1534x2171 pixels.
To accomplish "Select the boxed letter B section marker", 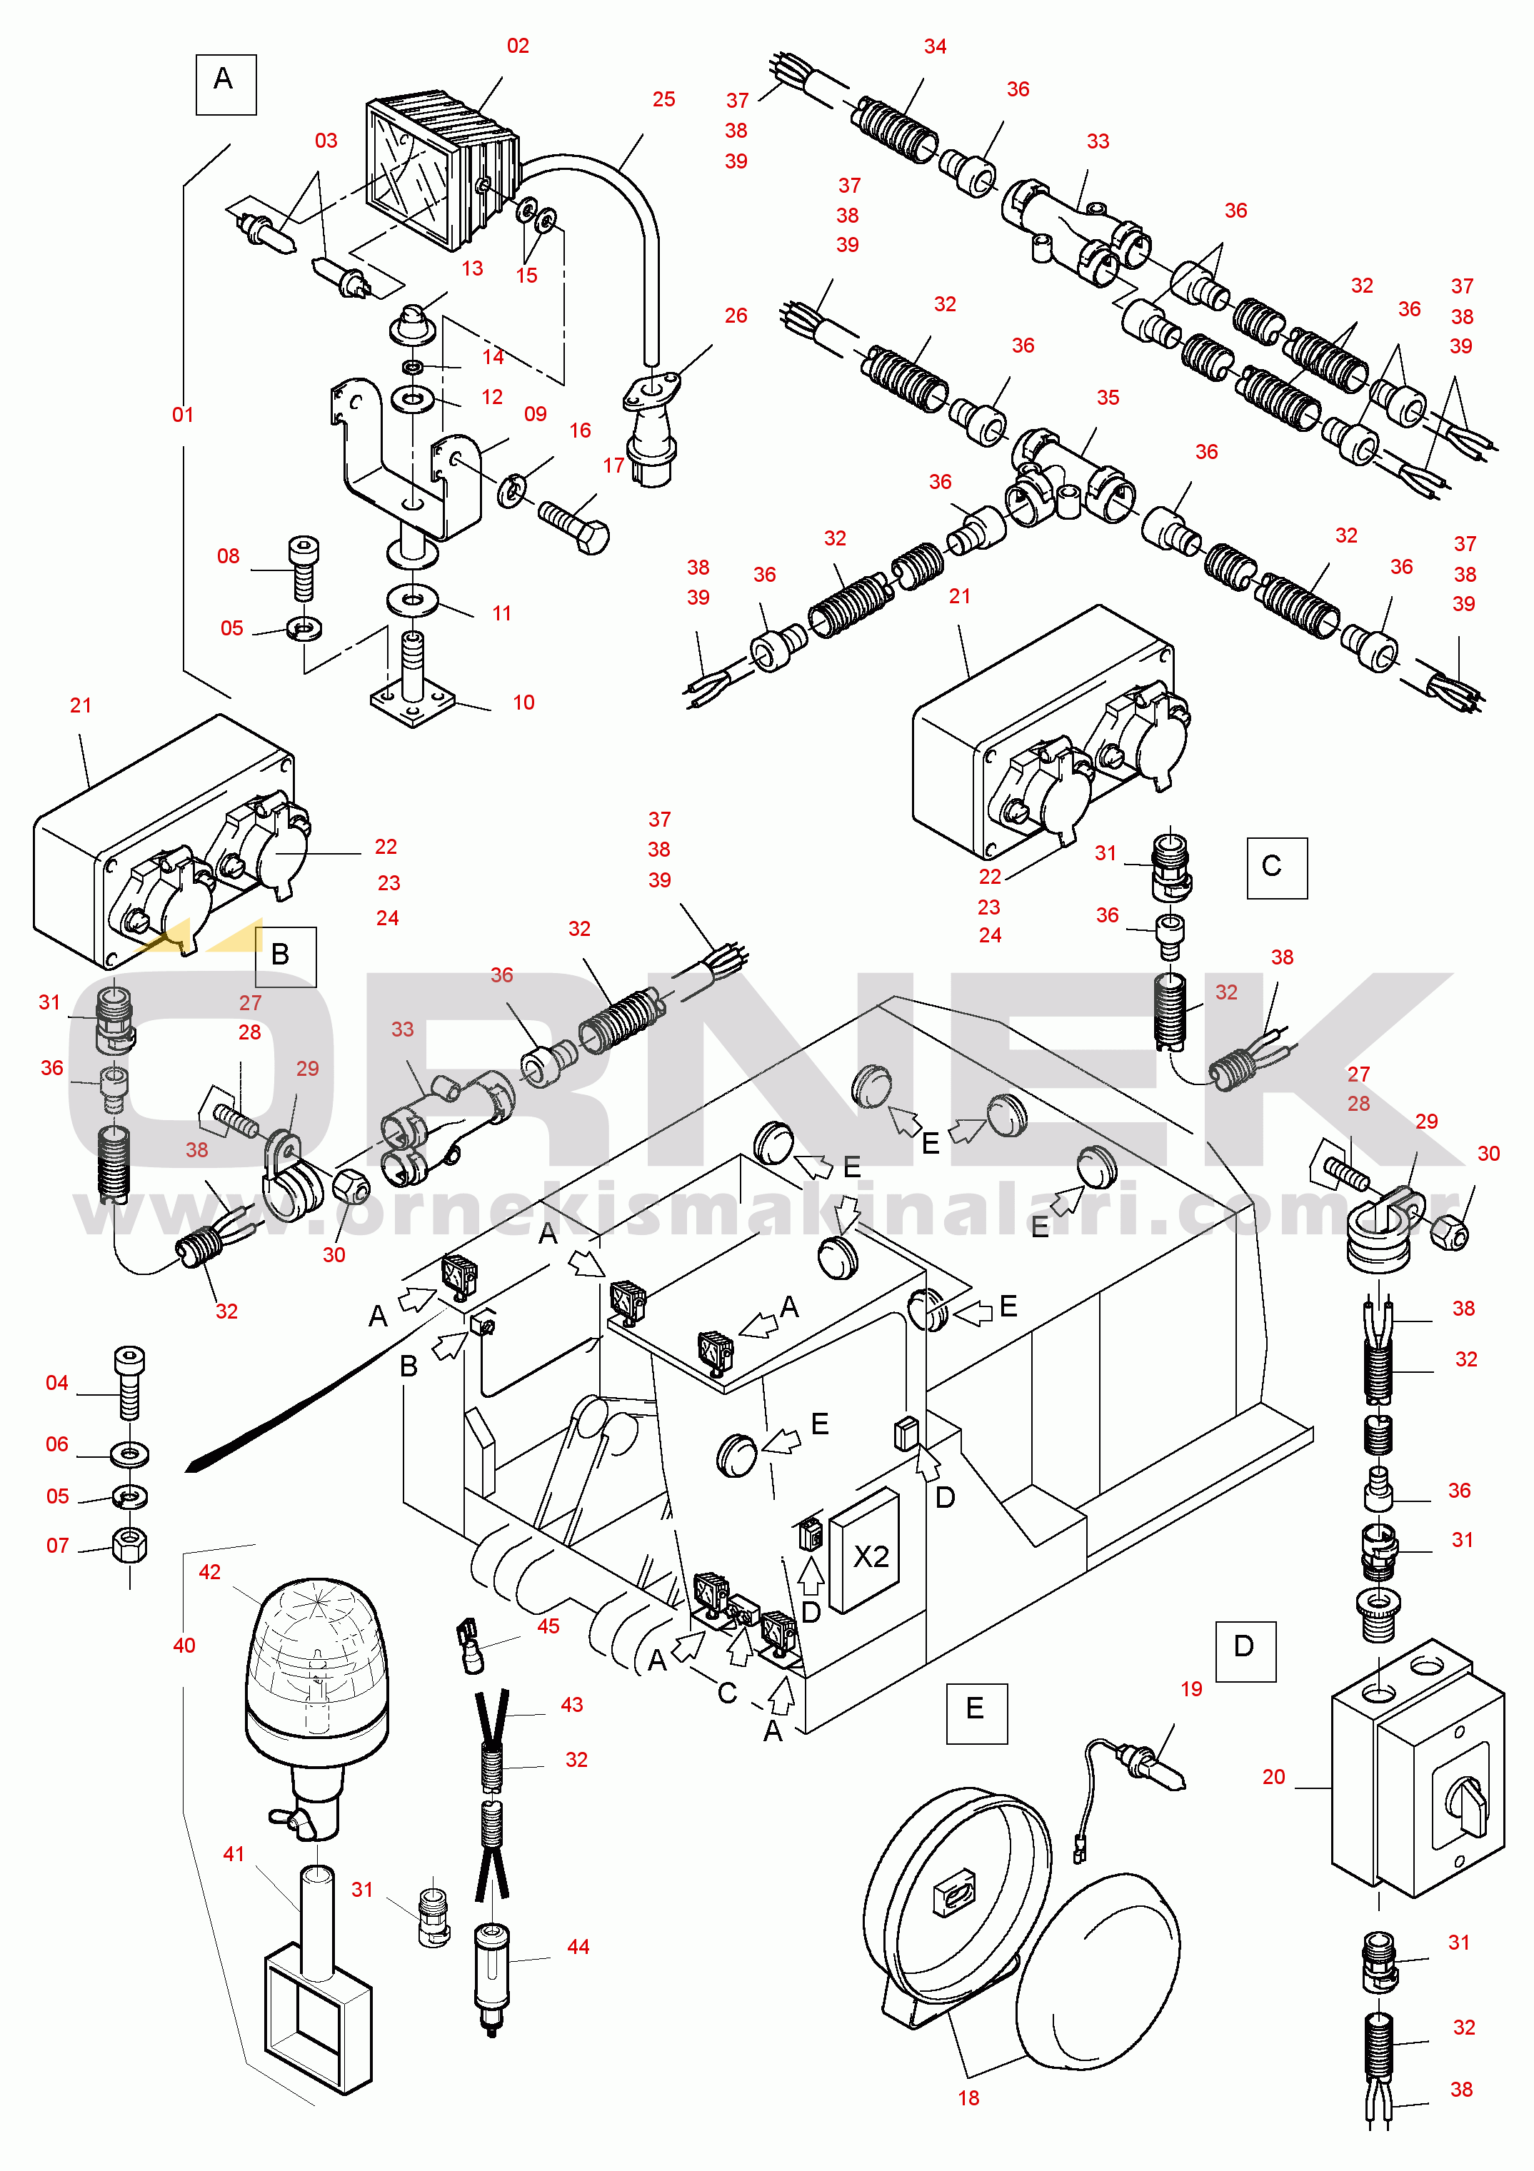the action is [285, 956].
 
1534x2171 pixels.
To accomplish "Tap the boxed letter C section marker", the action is [1277, 867].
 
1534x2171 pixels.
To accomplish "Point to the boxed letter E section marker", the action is [977, 1713].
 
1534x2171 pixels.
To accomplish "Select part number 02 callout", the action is [518, 46].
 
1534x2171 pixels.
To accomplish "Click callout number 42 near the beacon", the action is [210, 1571].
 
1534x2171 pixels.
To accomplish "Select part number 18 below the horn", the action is [968, 2097].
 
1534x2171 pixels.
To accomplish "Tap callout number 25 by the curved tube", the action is [664, 99].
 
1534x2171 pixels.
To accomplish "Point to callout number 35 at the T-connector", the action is [1108, 397].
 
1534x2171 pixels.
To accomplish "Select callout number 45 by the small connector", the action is [548, 1626].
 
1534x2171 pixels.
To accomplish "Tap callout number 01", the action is [183, 414].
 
